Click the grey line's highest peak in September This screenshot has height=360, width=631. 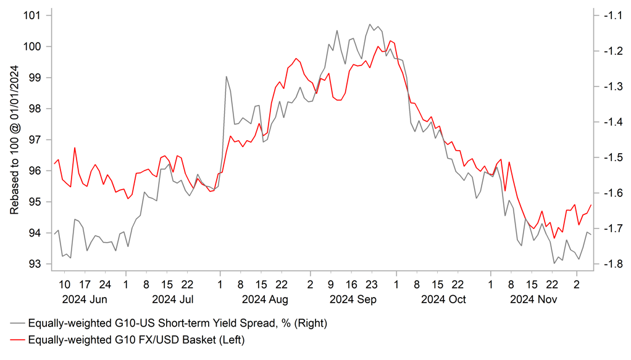point(370,25)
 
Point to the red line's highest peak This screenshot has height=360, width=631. point(390,41)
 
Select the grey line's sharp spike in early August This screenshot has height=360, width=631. point(227,77)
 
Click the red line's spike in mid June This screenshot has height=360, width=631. point(75,148)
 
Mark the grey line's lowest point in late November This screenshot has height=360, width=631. point(554,264)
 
